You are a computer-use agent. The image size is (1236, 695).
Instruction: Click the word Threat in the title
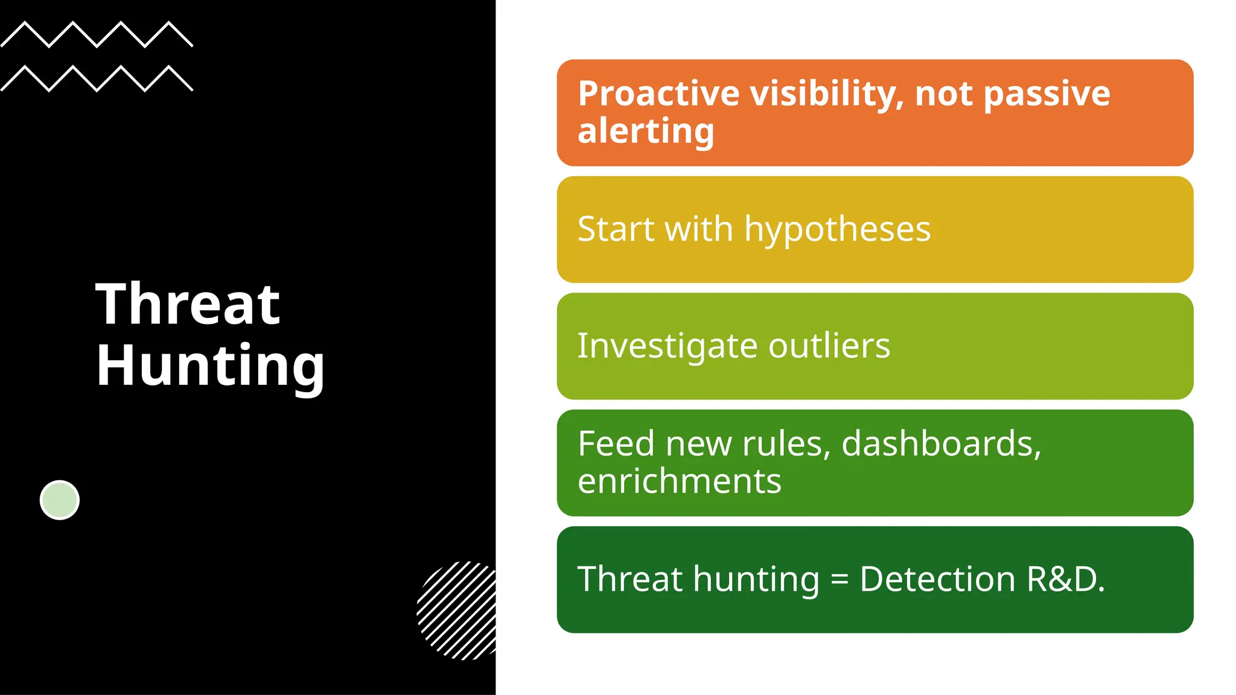click(188, 304)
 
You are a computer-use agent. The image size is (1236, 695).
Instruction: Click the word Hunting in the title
click(210, 365)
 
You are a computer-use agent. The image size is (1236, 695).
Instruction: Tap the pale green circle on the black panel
click(60, 500)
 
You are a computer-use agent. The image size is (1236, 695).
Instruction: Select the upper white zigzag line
click(97, 34)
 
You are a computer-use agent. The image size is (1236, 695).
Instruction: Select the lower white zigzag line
click(97, 78)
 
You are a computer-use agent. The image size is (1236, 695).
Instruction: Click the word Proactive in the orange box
click(658, 94)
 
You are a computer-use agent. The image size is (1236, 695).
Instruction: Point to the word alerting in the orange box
click(646, 131)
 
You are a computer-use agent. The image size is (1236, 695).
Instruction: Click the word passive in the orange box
click(1046, 94)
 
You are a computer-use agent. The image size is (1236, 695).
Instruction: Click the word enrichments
click(679, 481)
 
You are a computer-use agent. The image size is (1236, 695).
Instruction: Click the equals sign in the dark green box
click(839, 580)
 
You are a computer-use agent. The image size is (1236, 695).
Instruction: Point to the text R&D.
click(1065, 579)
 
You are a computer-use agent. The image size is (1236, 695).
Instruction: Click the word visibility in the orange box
click(827, 94)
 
